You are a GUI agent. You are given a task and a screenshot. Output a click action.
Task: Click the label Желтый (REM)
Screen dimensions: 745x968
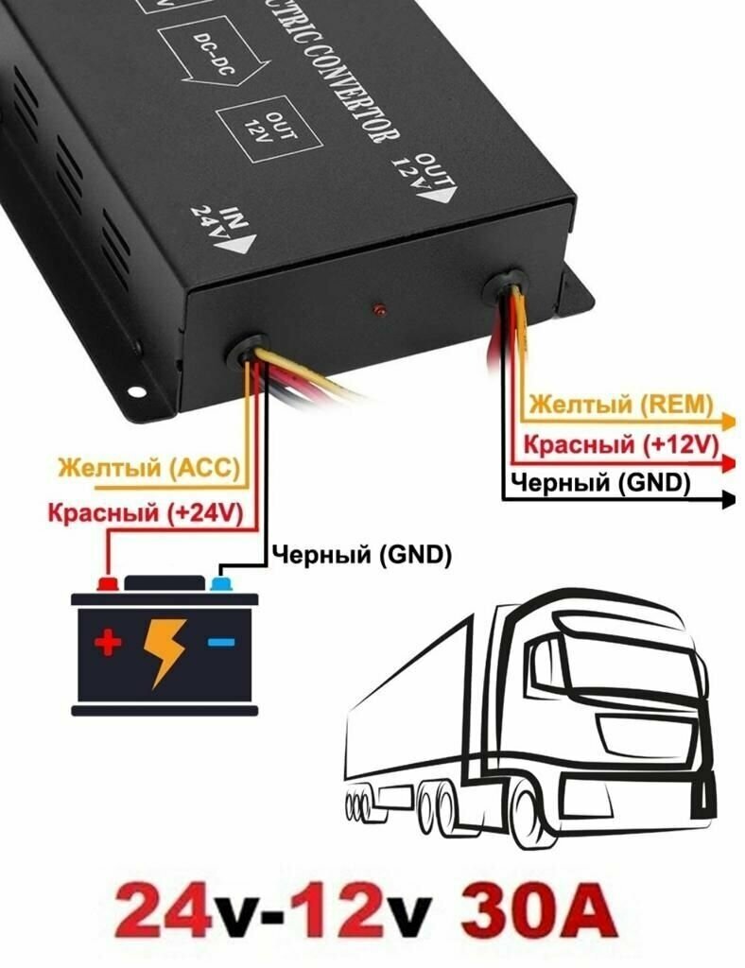tap(620, 404)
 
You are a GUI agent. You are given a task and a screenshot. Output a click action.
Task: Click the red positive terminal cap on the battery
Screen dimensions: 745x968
tap(108, 582)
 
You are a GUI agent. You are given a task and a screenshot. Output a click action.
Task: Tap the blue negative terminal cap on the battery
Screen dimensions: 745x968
tap(220, 582)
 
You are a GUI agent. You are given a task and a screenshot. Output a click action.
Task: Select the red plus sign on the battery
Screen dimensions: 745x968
tap(109, 645)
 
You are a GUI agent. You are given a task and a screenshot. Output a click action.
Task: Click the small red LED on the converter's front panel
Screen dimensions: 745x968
tap(378, 309)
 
